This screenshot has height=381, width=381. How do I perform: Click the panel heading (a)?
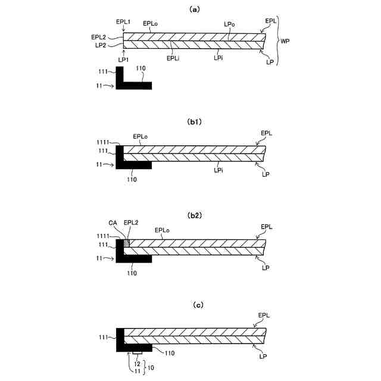tap(193, 10)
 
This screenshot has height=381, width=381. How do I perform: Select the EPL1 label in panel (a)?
tap(123, 22)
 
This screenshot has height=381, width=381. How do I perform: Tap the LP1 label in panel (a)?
tap(123, 59)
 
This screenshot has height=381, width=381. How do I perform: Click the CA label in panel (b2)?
tap(113, 223)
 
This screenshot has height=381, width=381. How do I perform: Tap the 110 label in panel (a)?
tap(140, 69)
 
